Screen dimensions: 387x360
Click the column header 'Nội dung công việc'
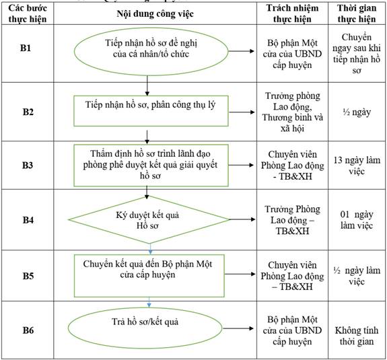tap(155, 14)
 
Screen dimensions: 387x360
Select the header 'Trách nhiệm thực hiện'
tap(292, 13)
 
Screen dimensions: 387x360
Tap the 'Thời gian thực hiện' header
tap(357, 13)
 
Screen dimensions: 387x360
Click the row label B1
tap(26, 48)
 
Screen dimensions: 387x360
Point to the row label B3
tap(28, 165)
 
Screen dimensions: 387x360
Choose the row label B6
tap(28, 330)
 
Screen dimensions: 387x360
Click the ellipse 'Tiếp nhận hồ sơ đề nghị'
tap(151, 51)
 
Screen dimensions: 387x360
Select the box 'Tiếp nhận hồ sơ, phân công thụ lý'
tap(151, 111)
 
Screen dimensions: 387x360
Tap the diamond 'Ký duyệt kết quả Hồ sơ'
tap(149, 219)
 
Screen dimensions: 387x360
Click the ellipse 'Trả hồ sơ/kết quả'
tap(145, 328)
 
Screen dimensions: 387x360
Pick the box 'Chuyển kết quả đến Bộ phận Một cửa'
tap(149, 276)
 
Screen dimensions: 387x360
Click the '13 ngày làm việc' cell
tap(357, 166)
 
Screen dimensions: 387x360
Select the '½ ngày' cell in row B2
tap(357, 112)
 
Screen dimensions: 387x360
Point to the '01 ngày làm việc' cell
tap(357, 219)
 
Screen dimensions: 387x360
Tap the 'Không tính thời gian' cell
tap(357, 336)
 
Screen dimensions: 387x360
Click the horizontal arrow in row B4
tap(242, 219)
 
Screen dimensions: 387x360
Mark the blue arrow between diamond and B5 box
tap(150, 249)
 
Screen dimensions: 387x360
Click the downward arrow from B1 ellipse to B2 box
tap(147, 85)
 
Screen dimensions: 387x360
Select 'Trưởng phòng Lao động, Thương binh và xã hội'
tap(293, 112)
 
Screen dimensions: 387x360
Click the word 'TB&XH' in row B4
tap(292, 231)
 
